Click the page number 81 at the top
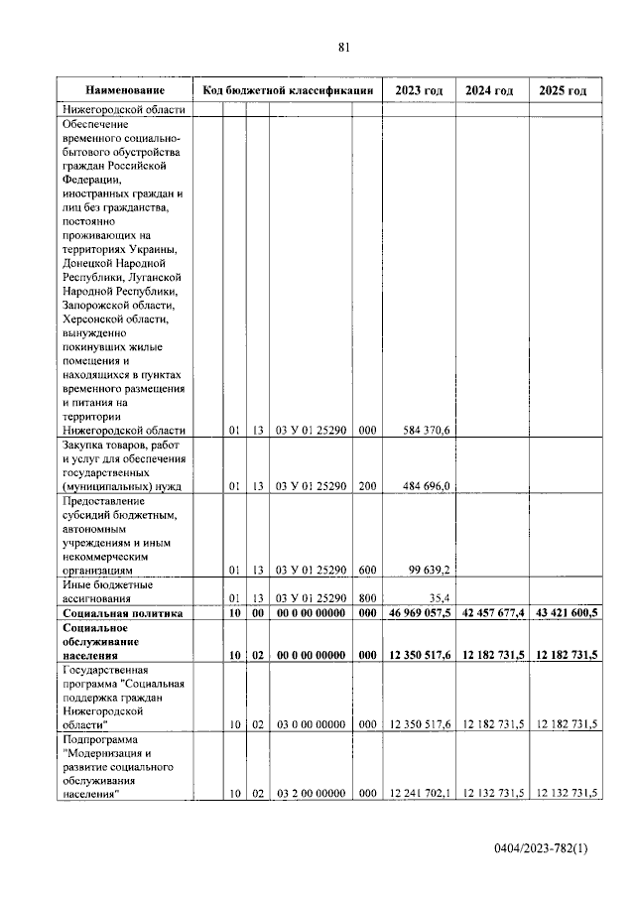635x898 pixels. pos(344,47)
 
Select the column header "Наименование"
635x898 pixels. pos(124,90)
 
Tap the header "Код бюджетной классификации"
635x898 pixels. pos(288,90)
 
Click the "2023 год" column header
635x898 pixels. pos(419,90)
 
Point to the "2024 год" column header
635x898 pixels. pos(490,90)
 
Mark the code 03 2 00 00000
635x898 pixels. pos(311,792)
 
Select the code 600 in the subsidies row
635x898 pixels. pos(366,571)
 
